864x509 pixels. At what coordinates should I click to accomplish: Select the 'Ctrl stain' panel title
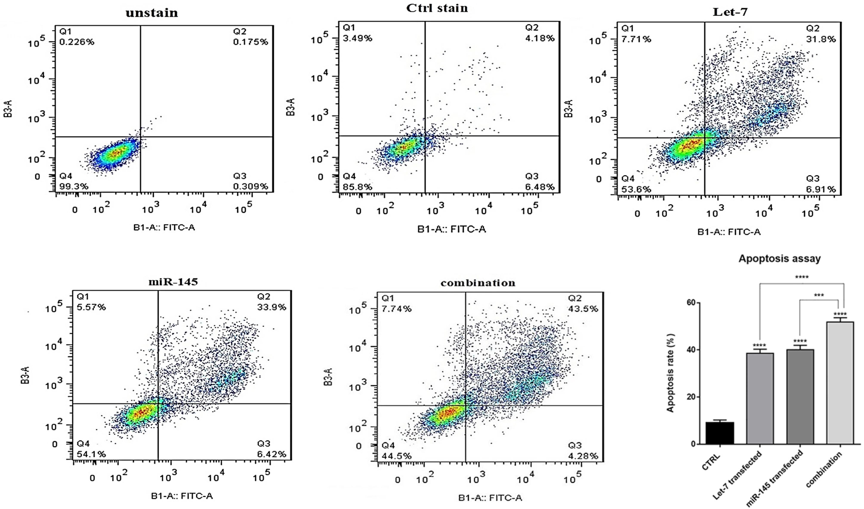[x=437, y=8]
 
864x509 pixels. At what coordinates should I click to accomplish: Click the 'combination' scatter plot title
[x=478, y=283]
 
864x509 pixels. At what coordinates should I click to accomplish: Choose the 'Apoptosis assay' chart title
[x=779, y=258]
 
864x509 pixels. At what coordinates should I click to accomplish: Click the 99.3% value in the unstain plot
[x=74, y=187]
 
